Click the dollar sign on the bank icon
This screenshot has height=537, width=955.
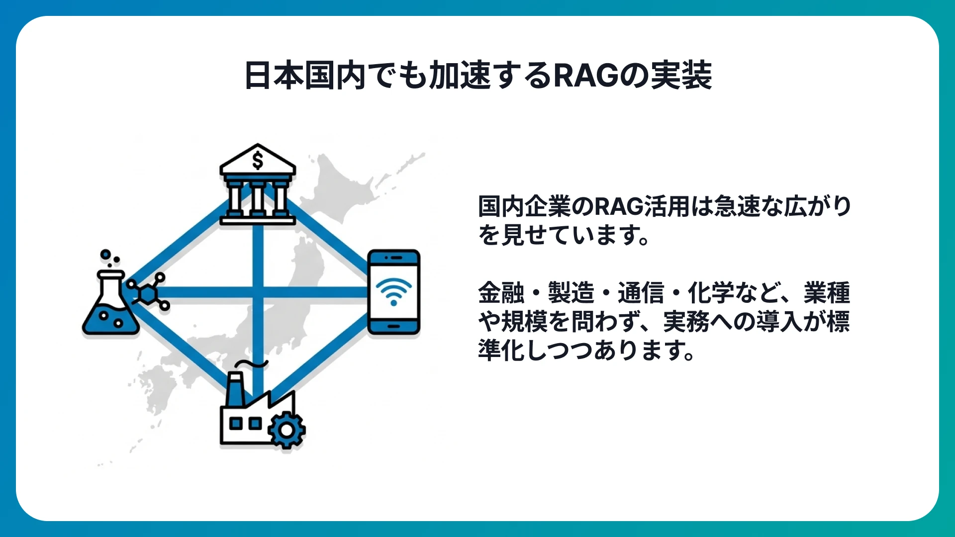[258, 160]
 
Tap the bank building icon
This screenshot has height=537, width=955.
[258, 186]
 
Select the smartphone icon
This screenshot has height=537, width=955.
[393, 292]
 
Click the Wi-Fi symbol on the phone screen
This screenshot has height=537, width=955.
[393, 291]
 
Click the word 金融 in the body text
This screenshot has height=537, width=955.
[501, 293]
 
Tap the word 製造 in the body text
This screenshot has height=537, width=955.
[571, 293]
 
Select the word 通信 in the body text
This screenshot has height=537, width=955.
[641, 293]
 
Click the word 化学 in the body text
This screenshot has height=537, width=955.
[710, 293]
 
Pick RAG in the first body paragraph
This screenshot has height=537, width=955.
[619, 207]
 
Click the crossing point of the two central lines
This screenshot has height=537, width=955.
[257, 292]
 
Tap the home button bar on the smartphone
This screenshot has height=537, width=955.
[393, 327]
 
